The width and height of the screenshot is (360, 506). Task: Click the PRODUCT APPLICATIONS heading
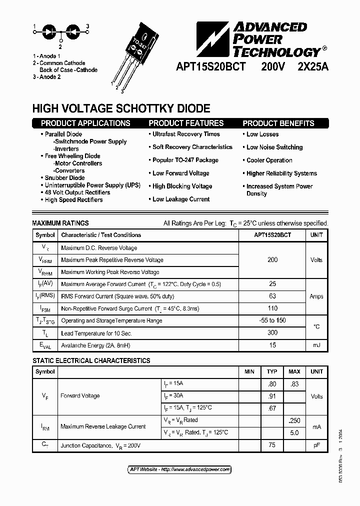pos(85,123)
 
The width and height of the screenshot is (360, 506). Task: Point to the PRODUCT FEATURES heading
pos(186,123)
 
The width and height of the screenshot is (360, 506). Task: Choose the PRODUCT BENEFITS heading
pos(278,123)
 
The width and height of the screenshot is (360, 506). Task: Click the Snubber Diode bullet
pos(64,178)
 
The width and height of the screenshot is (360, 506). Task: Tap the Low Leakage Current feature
pos(181,199)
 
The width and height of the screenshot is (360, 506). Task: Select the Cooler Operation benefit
pos(269,160)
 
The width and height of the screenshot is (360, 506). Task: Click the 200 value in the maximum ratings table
pos(272,260)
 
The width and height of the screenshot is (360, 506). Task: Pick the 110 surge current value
pos(272,309)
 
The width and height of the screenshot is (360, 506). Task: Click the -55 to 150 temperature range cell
pos(272,320)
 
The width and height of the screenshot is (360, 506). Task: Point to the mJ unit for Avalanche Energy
pos(316,345)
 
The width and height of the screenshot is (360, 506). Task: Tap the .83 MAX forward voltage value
pos(294,384)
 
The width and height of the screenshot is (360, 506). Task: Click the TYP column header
pos(272,372)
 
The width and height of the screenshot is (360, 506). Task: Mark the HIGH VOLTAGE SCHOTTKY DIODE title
pos(121,108)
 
